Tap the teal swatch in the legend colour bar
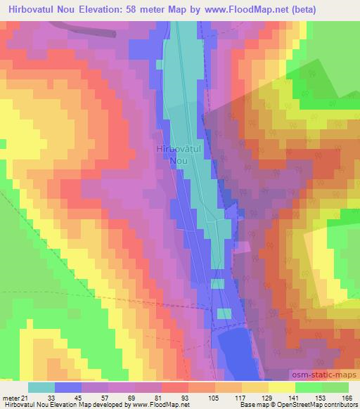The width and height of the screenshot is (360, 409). pos(41,387)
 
